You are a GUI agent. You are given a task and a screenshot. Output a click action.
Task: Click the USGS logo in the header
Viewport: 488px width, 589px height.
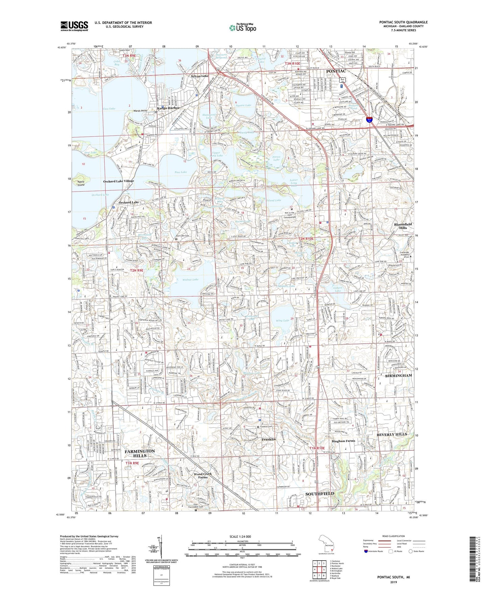(x=74, y=26)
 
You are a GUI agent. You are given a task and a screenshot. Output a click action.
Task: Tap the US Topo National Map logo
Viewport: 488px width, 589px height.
(x=242, y=27)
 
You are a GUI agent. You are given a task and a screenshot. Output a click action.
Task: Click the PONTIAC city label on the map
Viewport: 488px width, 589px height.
(x=336, y=71)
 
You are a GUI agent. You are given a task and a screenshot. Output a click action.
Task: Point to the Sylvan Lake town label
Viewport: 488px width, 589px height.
(x=200, y=76)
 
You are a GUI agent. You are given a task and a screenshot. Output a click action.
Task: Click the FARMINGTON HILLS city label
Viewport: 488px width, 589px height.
(x=140, y=453)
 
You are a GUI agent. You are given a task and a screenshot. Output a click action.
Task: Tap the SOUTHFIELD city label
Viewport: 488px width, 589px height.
(x=319, y=494)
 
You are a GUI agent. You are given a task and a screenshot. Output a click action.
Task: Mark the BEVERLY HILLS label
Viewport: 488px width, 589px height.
(x=392, y=434)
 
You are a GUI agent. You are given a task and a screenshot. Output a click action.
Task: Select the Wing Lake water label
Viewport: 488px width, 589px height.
(x=282, y=320)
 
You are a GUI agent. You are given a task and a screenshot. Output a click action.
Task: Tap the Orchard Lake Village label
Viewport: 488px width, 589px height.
(x=119, y=181)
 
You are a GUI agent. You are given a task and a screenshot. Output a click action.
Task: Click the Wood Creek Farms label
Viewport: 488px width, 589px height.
(x=203, y=476)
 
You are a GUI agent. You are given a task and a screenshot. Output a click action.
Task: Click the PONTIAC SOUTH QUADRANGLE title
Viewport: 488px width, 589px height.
(x=403, y=22)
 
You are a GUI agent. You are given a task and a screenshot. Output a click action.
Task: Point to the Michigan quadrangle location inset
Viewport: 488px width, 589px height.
(x=326, y=545)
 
